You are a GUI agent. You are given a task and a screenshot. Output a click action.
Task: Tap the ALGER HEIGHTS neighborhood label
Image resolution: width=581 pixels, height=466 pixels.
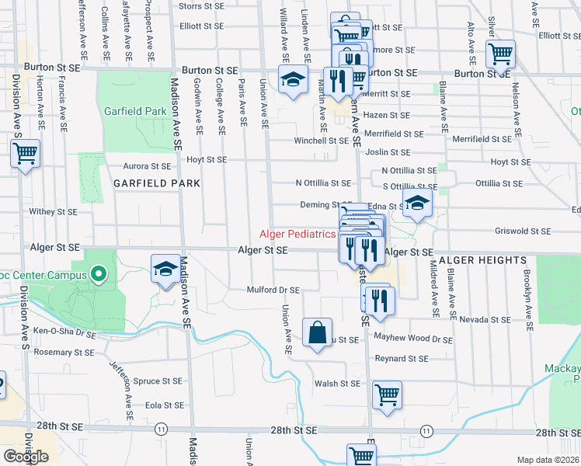point(482,260)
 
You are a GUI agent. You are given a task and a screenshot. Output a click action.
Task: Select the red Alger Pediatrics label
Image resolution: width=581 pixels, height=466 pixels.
point(297,234)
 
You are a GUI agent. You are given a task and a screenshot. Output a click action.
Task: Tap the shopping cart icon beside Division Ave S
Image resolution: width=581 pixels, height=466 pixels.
point(25,153)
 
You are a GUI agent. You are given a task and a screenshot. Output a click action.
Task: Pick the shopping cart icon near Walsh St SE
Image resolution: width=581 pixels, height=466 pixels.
point(387,395)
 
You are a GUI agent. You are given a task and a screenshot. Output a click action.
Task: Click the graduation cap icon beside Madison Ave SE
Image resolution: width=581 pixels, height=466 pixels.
point(165,270)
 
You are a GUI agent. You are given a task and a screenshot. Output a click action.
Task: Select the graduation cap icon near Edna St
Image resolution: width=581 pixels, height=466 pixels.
point(417,203)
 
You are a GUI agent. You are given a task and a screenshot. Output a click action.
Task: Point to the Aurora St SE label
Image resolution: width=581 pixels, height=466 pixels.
point(147,166)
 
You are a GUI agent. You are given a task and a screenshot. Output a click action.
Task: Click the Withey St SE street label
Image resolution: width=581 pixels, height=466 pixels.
point(54,211)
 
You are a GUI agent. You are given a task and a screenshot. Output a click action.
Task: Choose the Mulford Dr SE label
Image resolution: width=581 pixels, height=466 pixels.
point(273,290)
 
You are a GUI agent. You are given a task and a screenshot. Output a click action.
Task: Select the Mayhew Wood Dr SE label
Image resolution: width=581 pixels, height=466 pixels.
point(412,339)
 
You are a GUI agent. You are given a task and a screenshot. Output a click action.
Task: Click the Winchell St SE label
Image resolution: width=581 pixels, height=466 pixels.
point(321,141)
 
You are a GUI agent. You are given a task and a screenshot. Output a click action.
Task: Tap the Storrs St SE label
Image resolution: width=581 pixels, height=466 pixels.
point(201,5)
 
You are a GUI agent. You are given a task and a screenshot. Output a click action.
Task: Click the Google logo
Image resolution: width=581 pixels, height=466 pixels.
point(26,457)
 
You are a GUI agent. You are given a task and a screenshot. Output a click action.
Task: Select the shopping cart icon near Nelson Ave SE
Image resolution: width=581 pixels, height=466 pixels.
point(500,54)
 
